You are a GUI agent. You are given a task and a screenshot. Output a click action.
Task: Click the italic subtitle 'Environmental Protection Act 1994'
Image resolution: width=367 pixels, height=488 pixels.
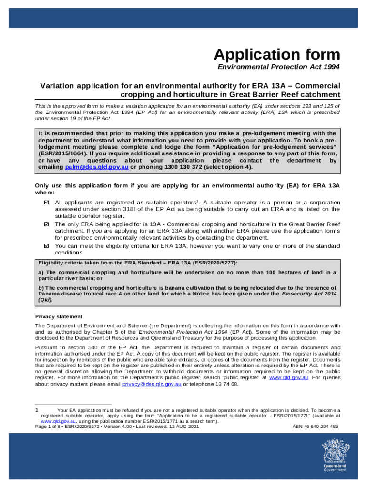[278, 67]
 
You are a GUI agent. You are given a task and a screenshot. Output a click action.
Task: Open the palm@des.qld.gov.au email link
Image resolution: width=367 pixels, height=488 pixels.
[97, 167]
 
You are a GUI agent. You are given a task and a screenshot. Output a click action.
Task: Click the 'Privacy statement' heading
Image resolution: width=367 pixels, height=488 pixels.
[59, 316]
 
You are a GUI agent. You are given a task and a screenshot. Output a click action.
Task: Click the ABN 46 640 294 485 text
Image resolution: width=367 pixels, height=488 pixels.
[315, 427]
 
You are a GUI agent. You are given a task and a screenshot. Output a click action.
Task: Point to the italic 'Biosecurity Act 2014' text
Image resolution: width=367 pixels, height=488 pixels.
[309, 294]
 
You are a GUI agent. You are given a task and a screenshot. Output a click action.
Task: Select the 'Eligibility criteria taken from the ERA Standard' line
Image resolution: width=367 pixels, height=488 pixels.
[137, 263]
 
